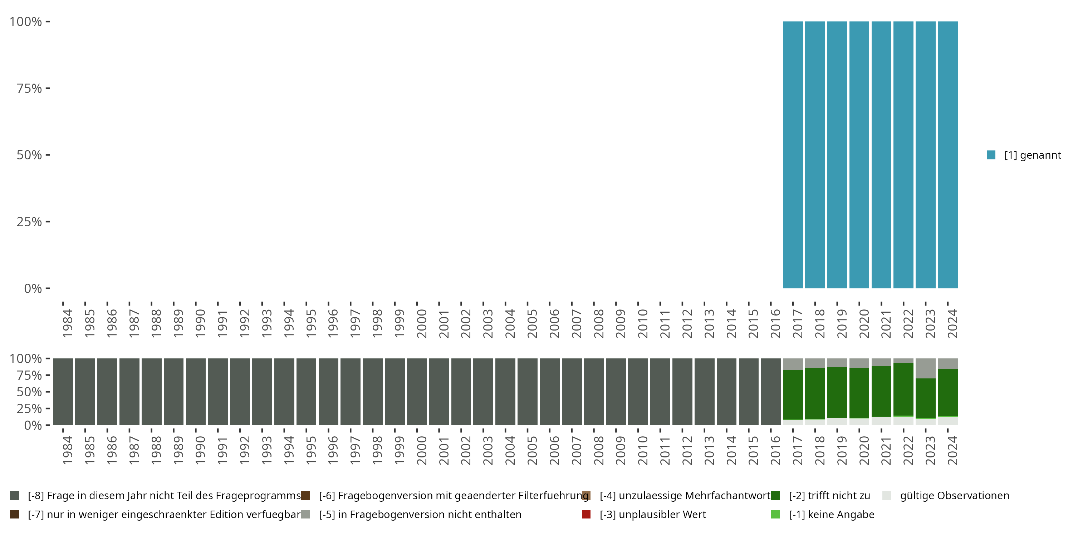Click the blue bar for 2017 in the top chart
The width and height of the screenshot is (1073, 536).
[793, 155]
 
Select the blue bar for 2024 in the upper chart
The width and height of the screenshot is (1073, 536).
[947, 155]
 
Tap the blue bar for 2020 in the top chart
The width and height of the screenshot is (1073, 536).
[859, 155]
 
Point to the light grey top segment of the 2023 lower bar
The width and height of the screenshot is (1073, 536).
[926, 368]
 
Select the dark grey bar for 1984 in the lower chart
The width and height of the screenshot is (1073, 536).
[63, 392]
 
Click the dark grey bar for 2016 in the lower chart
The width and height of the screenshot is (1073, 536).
[771, 392]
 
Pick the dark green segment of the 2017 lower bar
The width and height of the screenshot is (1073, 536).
[793, 394]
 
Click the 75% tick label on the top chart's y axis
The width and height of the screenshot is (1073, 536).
[29, 88]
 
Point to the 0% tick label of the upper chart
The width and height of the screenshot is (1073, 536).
[33, 288]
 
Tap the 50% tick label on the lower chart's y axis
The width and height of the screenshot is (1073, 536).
[29, 392]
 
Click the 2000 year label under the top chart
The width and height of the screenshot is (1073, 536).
[422, 324]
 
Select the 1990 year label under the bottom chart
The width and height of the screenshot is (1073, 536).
[200, 451]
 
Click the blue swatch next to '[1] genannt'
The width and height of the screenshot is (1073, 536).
[991, 155]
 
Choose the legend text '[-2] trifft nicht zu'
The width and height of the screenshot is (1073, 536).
[829, 496]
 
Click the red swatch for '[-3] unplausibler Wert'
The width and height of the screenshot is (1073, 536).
[586, 514]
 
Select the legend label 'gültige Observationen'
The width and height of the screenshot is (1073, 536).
[954, 496]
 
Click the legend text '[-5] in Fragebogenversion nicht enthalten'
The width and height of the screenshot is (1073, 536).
[420, 514]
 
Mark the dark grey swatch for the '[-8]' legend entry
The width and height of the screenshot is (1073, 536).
[15, 496]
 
